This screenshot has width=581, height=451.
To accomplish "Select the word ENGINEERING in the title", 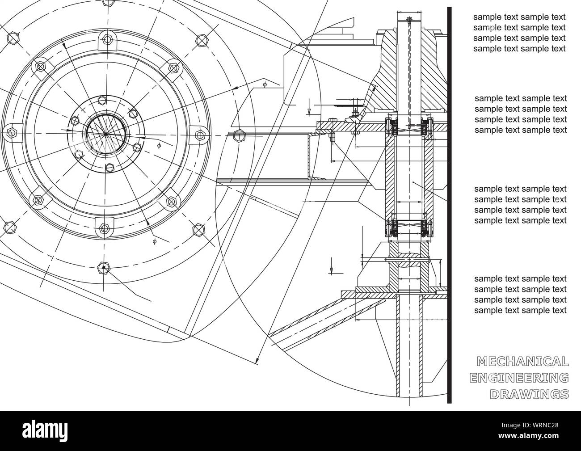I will pyautogui.click(x=519, y=378).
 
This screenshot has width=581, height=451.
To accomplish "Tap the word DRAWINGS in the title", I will pyautogui.click(x=529, y=394).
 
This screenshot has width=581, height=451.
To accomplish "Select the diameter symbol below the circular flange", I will pyautogui.click(x=155, y=241).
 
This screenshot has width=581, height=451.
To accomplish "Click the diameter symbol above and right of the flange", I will pyautogui.click(x=265, y=84).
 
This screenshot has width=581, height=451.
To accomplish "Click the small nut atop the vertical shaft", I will pyautogui.click(x=409, y=19).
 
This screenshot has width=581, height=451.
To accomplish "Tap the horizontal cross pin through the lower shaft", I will pyautogui.click(x=409, y=260).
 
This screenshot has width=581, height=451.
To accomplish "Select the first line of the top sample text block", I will pyautogui.click(x=519, y=17).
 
